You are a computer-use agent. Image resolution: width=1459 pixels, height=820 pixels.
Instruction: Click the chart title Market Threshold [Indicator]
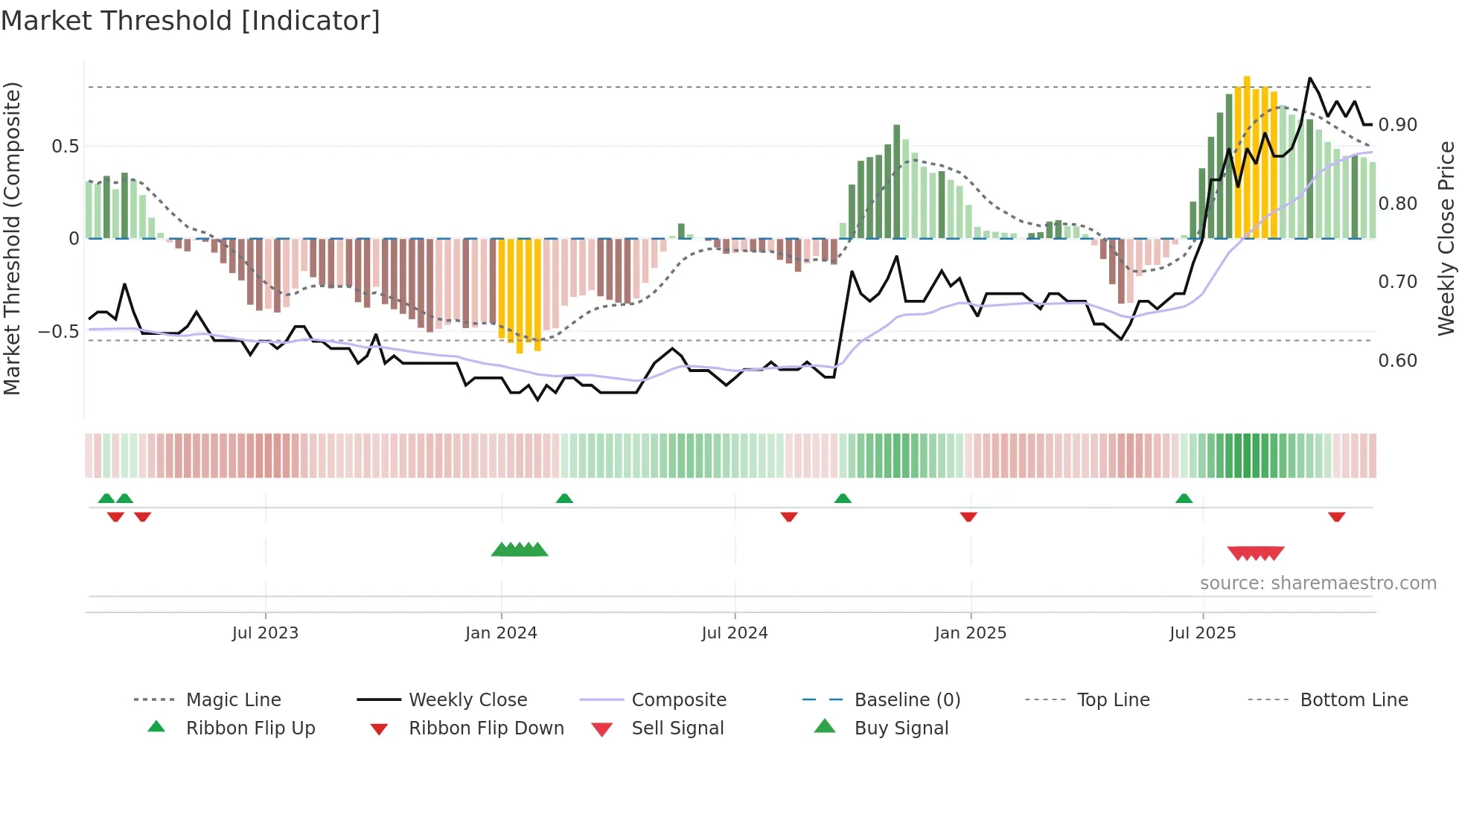click(x=191, y=21)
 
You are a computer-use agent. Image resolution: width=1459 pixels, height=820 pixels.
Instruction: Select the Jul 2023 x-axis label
click(x=265, y=633)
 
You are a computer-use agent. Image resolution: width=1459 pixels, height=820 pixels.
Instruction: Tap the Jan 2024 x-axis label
click(x=501, y=633)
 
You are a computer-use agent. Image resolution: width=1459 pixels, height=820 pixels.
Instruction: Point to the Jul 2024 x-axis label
click(x=735, y=633)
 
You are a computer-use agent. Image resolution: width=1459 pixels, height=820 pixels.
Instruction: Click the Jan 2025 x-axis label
click(x=971, y=633)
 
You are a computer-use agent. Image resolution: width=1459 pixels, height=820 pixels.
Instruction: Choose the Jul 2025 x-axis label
click(x=1203, y=633)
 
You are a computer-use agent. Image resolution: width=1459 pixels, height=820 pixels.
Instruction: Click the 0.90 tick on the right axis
click(x=1398, y=125)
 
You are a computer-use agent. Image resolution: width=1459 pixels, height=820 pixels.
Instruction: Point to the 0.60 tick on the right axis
click(x=1398, y=361)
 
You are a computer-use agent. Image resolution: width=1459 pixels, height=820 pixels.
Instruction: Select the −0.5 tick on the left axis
click(x=59, y=331)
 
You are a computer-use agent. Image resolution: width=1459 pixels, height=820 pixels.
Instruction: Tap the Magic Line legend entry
click(x=233, y=700)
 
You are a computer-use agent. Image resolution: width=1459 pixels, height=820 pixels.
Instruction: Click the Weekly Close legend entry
click(x=467, y=700)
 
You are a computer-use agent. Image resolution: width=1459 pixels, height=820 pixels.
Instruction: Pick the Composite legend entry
click(x=679, y=700)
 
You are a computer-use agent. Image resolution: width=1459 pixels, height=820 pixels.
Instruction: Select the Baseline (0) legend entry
click(x=907, y=700)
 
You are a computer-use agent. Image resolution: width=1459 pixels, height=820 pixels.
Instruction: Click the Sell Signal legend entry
click(x=677, y=728)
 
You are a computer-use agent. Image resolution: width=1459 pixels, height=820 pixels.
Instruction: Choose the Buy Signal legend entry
click(x=901, y=728)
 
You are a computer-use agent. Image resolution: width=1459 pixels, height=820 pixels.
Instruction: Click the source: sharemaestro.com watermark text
click(x=1318, y=583)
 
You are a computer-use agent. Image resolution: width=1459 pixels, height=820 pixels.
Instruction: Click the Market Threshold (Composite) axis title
click(x=12, y=238)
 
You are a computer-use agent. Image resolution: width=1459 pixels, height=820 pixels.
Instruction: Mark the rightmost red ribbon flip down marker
click(x=1337, y=516)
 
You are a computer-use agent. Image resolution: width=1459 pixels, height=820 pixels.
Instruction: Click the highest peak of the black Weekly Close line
click(x=1310, y=78)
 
